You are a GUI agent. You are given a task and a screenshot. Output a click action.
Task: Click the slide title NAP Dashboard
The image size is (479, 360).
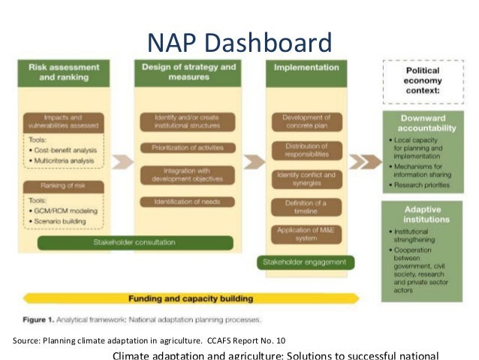coord(239,41)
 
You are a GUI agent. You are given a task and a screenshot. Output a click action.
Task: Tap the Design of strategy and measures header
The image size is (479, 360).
coord(188,71)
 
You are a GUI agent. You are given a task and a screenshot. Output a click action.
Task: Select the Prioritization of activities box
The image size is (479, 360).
coord(188,147)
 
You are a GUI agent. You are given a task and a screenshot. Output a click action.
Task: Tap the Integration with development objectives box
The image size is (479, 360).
coord(188,174)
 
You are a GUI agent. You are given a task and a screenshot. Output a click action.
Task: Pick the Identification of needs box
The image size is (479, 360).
coord(188,201)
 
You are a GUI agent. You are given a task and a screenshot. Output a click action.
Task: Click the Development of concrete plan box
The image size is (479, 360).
coord(306,122)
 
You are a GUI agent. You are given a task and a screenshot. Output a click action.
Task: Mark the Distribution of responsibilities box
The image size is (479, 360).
coord(306,150)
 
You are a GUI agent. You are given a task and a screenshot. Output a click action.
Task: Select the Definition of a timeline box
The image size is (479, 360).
coord(306,207)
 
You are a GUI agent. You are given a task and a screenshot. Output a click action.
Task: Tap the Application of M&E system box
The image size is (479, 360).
coord(306,234)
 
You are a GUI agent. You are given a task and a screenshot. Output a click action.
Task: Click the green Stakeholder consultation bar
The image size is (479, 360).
coord(135,243)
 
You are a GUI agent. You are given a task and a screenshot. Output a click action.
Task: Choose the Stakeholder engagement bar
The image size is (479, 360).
coord(305,262)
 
